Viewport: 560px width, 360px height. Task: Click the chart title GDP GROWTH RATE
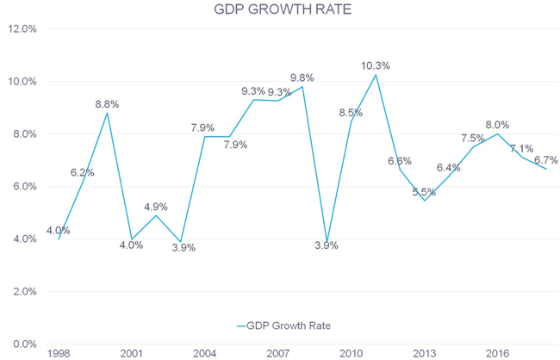coord(279,10)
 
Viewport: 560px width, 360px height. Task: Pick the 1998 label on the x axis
coord(59,353)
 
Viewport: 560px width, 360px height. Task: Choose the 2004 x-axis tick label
coord(204,353)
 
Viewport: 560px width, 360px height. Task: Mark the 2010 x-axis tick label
coord(351,353)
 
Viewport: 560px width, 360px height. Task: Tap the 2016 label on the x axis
coord(497,353)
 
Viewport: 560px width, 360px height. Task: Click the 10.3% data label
coord(375,65)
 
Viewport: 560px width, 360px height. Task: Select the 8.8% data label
coord(107,104)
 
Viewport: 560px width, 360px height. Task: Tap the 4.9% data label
coord(155,207)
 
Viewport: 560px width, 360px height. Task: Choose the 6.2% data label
coord(82,172)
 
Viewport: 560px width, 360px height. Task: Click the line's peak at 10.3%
coord(376,74)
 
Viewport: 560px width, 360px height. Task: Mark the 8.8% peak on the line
coord(107,113)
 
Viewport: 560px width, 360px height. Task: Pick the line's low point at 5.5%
coord(425,201)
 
